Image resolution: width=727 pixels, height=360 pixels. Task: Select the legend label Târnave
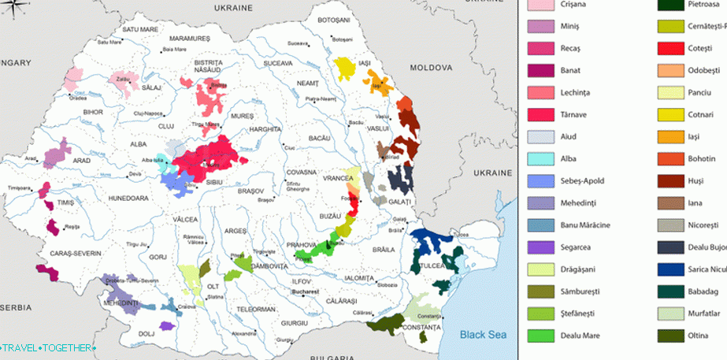577,114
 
